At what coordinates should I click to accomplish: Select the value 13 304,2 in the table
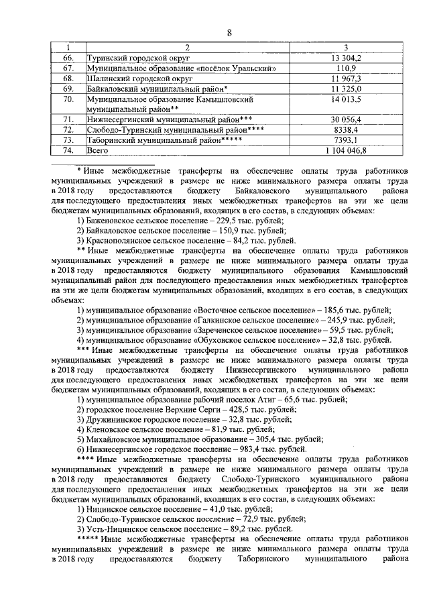point(346,59)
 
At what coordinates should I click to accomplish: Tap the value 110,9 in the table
point(346,68)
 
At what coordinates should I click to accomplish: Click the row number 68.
point(67,78)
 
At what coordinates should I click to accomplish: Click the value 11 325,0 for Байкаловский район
point(346,89)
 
